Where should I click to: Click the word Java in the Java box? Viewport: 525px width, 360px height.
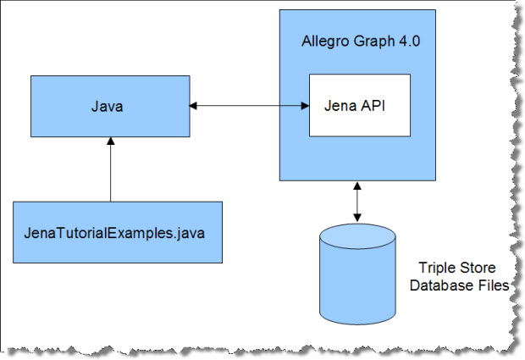click(x=108, y=107)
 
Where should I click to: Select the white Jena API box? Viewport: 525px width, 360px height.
click(x=360, y=105)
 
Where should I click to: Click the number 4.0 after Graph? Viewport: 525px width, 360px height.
click(x=409, y=42)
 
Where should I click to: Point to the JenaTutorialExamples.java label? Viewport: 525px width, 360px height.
click(x=114, y=233)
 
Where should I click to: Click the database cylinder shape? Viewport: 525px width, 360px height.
click(x=357, y=274)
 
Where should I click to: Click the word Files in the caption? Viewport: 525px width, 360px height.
click(x=493, y=285)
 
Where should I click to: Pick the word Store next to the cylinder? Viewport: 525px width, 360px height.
click(x=475, y=268)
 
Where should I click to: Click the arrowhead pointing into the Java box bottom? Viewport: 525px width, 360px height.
click(x=110, y=141)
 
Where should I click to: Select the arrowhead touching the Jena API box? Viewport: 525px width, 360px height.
click(x=305, y=106)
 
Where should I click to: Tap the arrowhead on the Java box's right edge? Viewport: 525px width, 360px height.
click(x=194, y=106)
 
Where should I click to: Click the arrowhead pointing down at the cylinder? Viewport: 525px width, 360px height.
click(x=357, y=218)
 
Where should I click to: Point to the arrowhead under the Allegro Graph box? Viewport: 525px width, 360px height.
click(x=357, y=186)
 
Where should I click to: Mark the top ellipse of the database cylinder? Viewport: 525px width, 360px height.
click(x=357, y=236)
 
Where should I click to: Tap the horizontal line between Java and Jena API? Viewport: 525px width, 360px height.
click(x=250, y=106)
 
